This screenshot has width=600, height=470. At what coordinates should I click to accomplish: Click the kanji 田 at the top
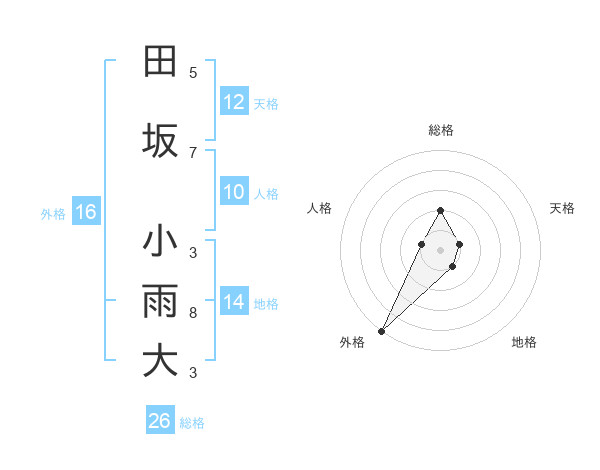click(160, 62)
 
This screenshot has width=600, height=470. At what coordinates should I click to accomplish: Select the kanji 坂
click(160, 141)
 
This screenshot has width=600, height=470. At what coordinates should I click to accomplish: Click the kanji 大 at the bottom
click(160, 361)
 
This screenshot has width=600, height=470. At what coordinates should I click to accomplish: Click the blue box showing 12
click(234, 102)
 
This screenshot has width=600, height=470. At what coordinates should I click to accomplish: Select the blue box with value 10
click(234, 192)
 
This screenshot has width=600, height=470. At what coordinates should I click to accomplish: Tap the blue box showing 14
click(234, 302)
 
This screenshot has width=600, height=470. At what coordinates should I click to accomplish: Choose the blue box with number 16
click(86, 212)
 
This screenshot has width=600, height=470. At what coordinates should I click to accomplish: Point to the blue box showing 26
click(160, 421)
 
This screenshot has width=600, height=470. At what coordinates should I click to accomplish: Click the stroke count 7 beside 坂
click(193, 152)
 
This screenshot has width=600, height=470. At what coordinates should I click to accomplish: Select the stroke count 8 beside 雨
click(193, 313)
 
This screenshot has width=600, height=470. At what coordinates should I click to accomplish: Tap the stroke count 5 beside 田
click(193, 73)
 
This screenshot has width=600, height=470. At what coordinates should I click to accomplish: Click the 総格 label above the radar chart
click(440, 130)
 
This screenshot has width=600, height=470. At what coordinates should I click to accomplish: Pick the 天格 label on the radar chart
click(562, 208)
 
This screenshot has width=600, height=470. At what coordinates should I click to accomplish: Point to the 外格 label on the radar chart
click(352, 342)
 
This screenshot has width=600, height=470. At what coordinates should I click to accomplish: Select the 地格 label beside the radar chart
click(524, 342)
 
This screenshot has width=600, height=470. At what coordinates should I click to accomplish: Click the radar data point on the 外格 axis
click(381, 330)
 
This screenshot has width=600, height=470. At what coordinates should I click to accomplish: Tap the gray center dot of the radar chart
click(440, 249)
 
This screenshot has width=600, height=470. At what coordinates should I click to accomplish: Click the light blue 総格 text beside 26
click(192, 423)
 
